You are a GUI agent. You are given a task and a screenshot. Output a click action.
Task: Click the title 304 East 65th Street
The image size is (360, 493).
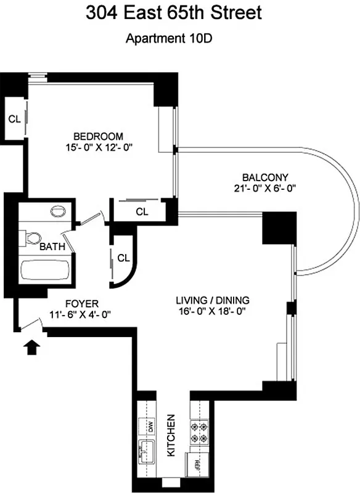pos(179,13)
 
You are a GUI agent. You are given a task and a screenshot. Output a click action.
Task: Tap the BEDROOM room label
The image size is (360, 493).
pos(99,136)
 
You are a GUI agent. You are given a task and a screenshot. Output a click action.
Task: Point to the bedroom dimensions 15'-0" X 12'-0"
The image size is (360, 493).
pos(99,147)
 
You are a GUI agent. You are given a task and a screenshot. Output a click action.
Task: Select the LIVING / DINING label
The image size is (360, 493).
pos(212,300)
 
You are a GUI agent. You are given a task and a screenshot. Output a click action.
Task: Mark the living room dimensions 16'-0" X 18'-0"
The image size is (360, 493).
pos(212,311)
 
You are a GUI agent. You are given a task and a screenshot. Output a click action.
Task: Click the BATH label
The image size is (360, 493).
pos(51,247)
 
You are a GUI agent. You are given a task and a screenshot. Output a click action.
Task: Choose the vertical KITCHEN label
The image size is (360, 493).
pos(172,435)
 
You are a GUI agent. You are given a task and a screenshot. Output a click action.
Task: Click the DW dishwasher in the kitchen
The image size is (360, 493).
pos(149,425)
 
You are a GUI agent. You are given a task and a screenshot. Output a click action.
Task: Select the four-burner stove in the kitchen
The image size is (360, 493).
pos(200,432)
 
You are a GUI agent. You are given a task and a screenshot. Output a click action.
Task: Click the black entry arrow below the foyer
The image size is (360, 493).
pos(30,349)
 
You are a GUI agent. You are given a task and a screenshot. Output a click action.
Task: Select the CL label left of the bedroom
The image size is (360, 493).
pos(14,118)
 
